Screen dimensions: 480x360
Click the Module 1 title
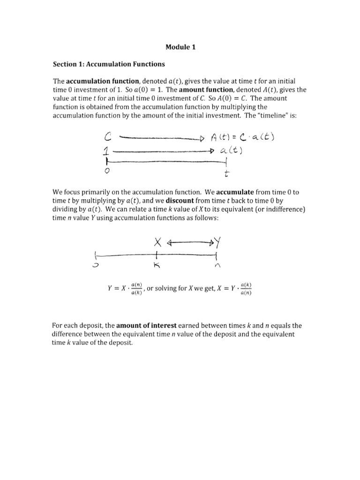[x=180, y=47]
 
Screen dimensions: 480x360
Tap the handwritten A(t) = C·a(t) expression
[x=245, y=137]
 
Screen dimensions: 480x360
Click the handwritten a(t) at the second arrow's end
[x=234, y=150]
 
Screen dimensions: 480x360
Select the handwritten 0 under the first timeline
[x=107, y=172]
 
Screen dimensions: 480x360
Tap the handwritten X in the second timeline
[x=157, y=242]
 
